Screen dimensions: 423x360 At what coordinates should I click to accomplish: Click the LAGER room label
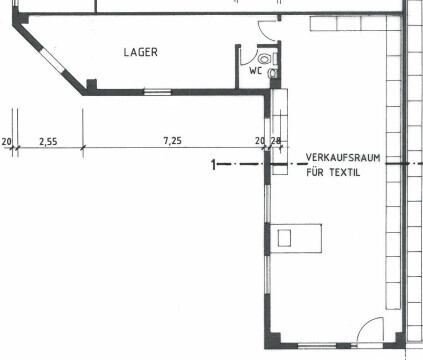(x=140, y=52)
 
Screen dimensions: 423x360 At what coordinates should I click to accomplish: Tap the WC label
(x=256, y=71)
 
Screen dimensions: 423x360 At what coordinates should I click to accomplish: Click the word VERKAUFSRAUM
(x=343, y=157)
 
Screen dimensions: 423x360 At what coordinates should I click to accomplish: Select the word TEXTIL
(x=345, y=172)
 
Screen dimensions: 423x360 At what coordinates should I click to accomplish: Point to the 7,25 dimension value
(x=173, y=141)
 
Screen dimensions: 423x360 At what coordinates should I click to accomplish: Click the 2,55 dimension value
(x=48, y=142)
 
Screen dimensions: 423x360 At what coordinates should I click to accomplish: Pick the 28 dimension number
(x=276, y=141)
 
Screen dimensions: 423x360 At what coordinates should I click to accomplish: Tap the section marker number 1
(x=213, y=165)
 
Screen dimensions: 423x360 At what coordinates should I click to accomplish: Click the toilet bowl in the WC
(x=264, y=59)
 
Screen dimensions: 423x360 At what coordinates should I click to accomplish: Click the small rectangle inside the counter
(x=284, y=238)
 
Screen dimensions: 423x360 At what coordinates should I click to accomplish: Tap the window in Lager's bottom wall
(x=157, y=92)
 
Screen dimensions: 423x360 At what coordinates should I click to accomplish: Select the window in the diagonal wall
(x=52, y=61)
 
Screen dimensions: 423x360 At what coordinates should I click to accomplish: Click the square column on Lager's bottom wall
(x=92, y=84)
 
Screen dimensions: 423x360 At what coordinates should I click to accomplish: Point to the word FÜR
(x=315, y=172)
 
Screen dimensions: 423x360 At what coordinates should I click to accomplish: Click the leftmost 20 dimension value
(x=7, y=142)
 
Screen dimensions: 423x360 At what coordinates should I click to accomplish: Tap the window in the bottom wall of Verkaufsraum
(x=317, y=346)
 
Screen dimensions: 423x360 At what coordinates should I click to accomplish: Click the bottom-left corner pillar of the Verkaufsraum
(x=272, y=340)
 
